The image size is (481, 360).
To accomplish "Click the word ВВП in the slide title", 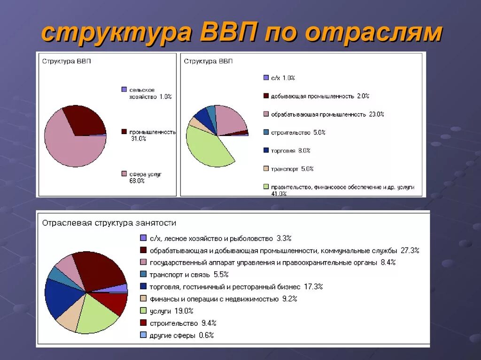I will tap(229, 33).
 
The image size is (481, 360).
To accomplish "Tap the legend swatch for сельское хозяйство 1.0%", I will tap(124, 90).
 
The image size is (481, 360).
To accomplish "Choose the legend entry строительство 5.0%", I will tap(295, 133).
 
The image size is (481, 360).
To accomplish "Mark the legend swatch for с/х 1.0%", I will tap(266, 78).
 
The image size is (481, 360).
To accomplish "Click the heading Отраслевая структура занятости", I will tap(109, 223).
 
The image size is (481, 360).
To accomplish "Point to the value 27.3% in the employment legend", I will tap(409, 250).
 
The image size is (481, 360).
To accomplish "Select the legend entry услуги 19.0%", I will tap(171, 311).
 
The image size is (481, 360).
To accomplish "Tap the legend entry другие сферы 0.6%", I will tap(181, 335).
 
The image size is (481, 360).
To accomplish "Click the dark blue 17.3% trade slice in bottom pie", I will tap(63, 298).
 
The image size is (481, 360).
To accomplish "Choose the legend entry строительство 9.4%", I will tap(183, 323).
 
